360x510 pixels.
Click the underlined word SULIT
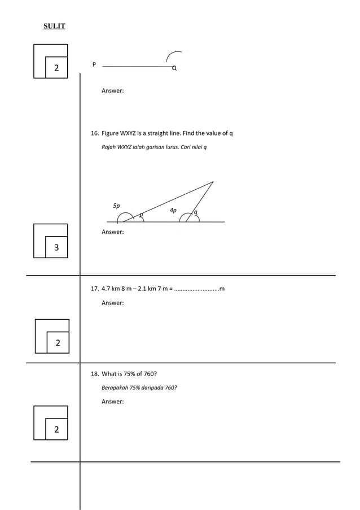(x=55, y=26)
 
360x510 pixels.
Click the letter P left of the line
(x=94, y=64)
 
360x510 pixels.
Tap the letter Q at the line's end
(x=174, y=68)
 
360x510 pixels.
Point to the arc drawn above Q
(x=172, y=55)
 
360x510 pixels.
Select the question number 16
(x=95, y=133)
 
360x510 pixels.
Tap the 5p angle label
(x=116, y=206)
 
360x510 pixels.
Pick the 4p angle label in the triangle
(x=173, y=210)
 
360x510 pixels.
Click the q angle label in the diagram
(x=195, y=212)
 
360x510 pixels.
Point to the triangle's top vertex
(x=213, y=182)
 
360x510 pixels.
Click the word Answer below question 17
(x=112, y=303)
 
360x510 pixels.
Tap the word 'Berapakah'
(x=115, y=388)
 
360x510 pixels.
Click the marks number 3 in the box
(x=56, y=247)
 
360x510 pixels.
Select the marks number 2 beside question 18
(x=56, y=430)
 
